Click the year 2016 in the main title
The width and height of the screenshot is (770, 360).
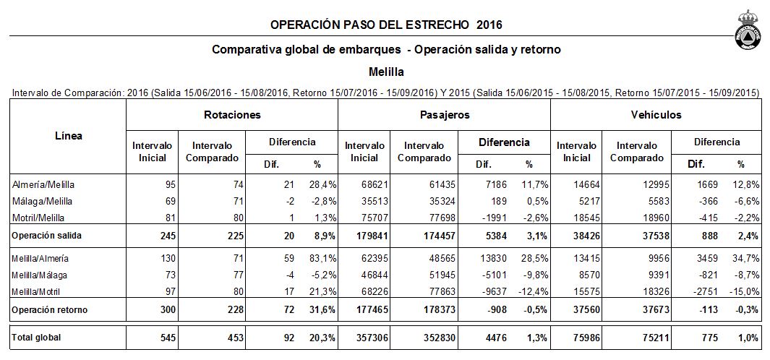489,25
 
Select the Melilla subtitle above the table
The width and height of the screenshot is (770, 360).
386,72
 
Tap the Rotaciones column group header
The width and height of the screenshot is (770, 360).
232,115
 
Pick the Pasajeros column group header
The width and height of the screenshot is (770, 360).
445,115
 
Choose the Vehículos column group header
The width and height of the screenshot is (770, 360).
656,115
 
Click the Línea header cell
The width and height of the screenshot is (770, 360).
68,136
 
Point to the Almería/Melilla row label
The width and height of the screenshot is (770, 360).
43,185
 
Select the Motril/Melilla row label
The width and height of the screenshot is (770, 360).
38,217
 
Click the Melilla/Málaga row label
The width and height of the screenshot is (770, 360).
39,275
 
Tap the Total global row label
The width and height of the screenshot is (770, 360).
36,338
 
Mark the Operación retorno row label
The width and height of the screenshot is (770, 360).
50,310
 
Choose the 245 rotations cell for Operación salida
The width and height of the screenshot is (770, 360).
168,236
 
